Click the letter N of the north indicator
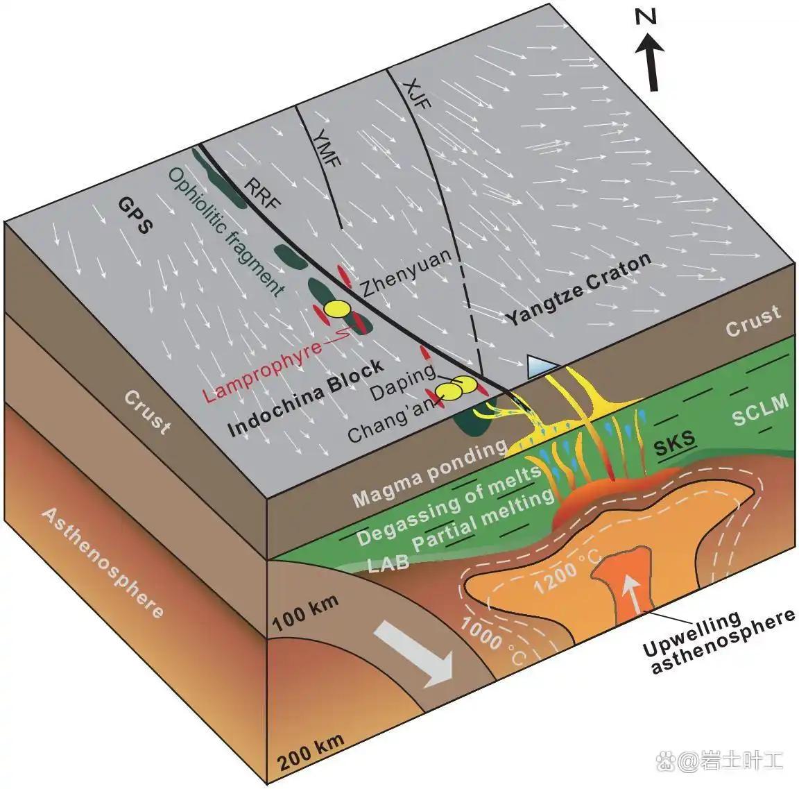tap(646, 18)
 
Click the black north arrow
tap(651, 61)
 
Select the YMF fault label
tap(327, 148)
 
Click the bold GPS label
tap(135, 215)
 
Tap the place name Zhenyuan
tap(406, 273)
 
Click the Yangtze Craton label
tap(578, 289)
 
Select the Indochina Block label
tap(305, 397)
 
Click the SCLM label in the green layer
tap(760, 410)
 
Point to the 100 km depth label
tap(306, 612)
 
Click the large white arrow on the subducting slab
tap(414, 656)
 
